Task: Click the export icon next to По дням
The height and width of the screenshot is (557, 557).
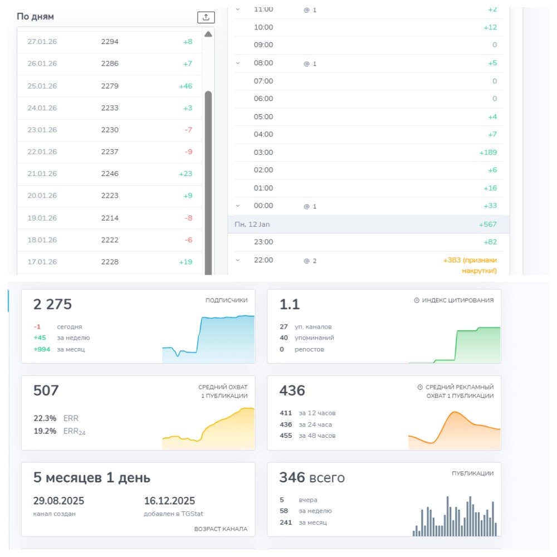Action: coord(206,17)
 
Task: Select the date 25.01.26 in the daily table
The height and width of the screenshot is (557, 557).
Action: coord(42,86)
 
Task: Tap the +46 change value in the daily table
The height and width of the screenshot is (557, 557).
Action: coord(185,86)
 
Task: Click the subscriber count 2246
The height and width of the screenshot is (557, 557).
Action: coord(110,174)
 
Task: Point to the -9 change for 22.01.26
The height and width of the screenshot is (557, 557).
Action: coord(188,152)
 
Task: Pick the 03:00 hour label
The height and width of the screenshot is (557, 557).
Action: coord(263,152)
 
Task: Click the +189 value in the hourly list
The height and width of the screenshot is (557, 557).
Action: coord(488,152)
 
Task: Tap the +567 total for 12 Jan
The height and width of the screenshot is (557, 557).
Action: coord(488,224)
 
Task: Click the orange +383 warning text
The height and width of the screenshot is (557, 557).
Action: coord(470,265)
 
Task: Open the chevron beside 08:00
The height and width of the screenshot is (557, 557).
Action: coord(238,63)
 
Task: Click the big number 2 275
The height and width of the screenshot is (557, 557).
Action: coord(52,305)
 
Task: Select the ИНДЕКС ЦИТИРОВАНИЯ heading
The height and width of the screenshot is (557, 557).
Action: coord(457,300)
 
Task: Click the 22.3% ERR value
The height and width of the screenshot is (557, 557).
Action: coord(45,418)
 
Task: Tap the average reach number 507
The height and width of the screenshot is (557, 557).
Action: coord(46,391)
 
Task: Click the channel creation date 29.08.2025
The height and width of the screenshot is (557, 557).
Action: coord(58,501)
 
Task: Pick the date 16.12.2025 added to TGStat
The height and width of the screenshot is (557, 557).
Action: coord(169,501)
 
